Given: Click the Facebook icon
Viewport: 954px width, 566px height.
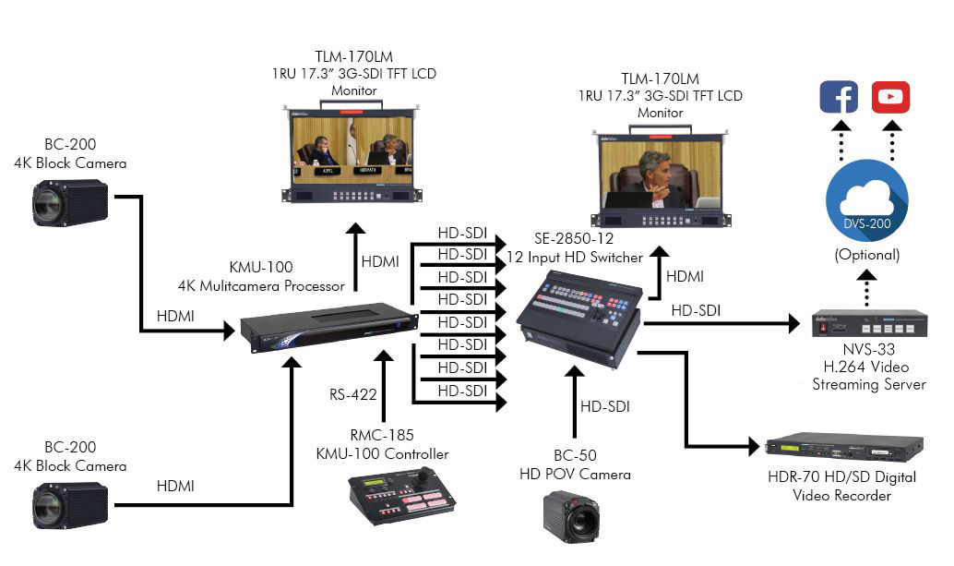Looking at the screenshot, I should click(839, 97).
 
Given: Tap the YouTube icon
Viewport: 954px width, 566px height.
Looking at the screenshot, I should click(890, 97).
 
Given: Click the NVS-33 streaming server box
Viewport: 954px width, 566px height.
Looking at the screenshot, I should click(869, 323).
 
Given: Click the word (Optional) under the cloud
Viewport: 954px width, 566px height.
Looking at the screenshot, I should click(866, 254).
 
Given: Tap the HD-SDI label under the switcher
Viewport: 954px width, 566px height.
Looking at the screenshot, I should click(605, 404).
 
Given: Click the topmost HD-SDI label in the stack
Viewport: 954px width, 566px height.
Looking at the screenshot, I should click(462, 233).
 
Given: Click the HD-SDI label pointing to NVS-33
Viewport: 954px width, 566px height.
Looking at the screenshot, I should click(696, 311).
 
